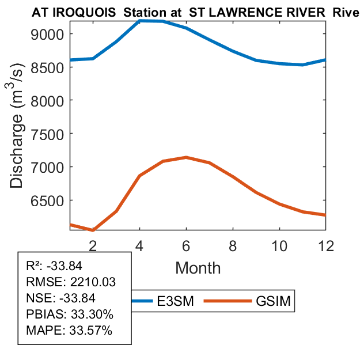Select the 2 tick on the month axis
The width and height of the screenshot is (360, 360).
(x=93, y=245)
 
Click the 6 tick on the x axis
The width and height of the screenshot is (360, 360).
(x=187, y=245)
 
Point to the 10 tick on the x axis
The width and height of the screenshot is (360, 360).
(x=279, y=245)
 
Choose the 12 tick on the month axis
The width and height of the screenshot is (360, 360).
(x=326, y=245)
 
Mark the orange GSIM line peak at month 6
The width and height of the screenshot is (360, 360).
(x=186, y=157)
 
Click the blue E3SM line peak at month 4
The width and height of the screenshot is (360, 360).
(x=140, y=21)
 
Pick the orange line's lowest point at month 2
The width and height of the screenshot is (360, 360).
(x=93, y=230)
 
